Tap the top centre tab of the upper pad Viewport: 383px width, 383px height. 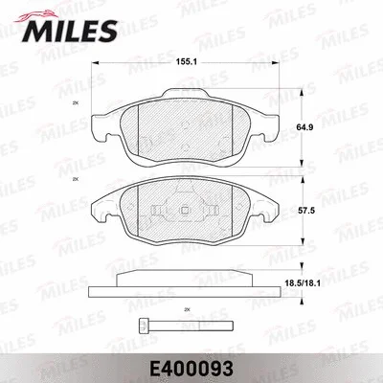[x=182, y=95]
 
